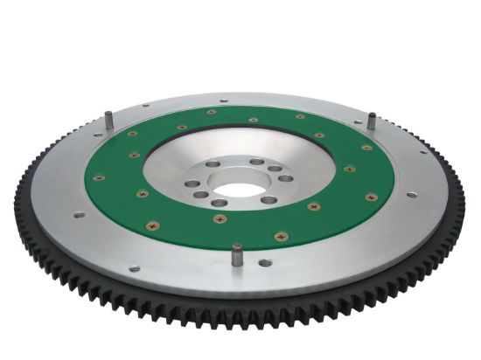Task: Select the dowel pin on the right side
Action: pyautogui.click(x=371, y=121)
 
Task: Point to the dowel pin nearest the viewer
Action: pyautogui.click(x=236, y=256)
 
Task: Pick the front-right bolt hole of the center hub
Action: pyautogui.click(x=269, y=200)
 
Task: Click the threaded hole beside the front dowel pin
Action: pyautogui.click(x=263, y=261)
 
